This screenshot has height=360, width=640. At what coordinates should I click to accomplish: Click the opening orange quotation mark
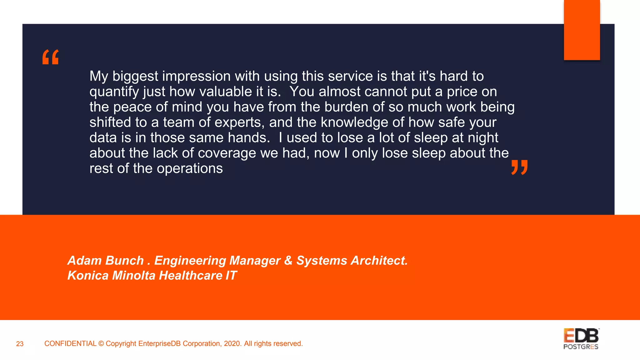[x=51, y=57]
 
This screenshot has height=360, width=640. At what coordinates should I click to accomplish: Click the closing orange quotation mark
[x=519, y=167]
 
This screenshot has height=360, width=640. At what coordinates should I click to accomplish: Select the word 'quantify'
[x=114, y=92]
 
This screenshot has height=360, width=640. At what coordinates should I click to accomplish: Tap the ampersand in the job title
[x=288, y=261]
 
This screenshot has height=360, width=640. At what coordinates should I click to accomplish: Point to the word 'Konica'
[x=88, y=276]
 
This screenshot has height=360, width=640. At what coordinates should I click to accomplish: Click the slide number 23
[x=20, y=344]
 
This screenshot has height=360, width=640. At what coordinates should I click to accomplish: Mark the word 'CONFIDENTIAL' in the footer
[x=70, y=344]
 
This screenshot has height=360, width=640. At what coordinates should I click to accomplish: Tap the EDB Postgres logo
[x=581, y=339]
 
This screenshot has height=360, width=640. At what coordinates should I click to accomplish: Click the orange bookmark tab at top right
[x=582, y=30]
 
